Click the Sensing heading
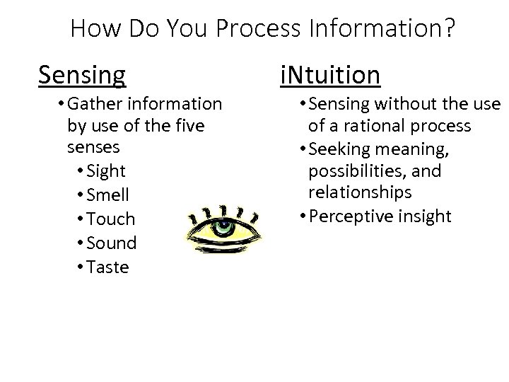83,74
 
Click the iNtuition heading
329,74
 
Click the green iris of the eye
223,228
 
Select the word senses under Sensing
93,149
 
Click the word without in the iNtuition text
406,105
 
